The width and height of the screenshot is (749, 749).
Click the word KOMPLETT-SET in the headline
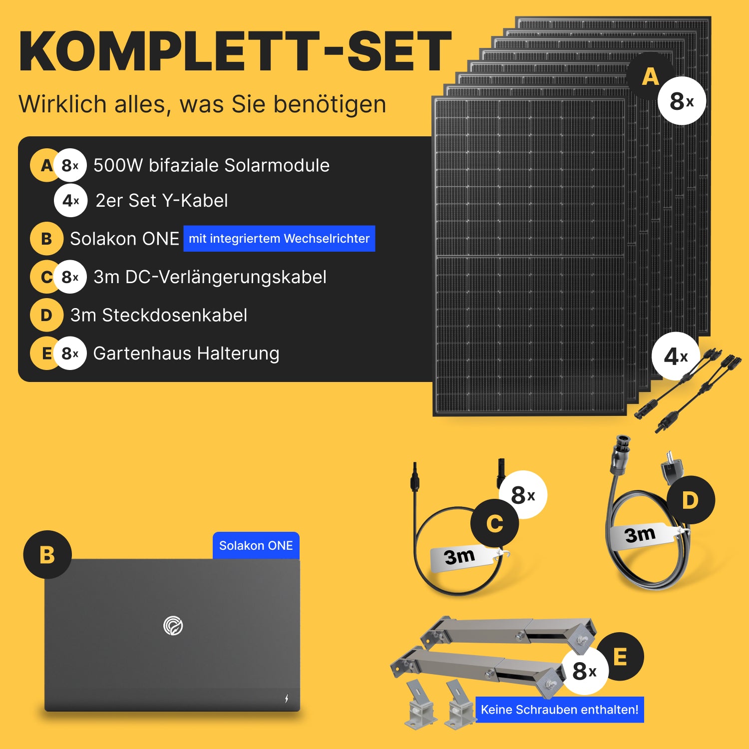pos(235,51)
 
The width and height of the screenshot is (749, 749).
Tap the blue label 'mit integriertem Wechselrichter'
pos(279,239)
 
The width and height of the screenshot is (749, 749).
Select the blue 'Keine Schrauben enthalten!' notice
pos(559,710)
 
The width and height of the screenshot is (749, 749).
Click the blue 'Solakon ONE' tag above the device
pos(256,546)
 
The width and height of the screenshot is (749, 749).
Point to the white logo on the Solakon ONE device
pos(173,626)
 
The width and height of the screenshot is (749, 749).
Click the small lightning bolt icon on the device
pos(287,699)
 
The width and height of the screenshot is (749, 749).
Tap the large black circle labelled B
pos(47,555)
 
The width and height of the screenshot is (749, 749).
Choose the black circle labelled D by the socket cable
pos(691,500)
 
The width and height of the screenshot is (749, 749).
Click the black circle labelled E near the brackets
pos(620,656)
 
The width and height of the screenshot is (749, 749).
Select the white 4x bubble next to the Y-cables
pos(676,357)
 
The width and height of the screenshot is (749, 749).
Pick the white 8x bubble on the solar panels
pos(682,101)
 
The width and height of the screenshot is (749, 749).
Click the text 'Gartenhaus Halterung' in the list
pos(186,354)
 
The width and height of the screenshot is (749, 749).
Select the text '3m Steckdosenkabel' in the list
pos(159,315)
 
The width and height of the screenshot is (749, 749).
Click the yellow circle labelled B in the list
pos(46,239)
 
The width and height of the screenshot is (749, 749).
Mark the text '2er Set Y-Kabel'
pos(162,201)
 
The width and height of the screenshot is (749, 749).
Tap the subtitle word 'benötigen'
pos(330,104)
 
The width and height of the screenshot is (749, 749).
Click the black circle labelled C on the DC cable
pos(495,523)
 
